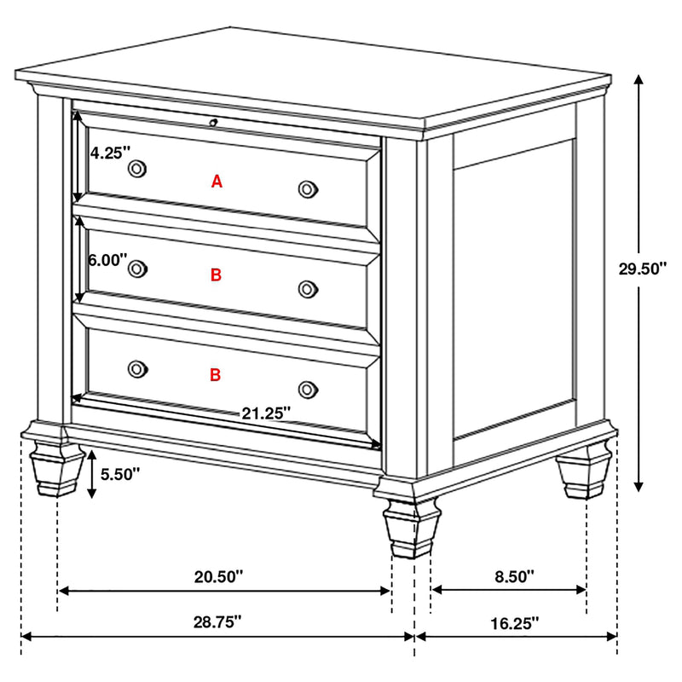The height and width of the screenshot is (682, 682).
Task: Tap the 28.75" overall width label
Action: [218, 621]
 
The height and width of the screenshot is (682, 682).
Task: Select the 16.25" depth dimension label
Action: [516, 623]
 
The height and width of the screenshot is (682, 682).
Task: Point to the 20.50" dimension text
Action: [219, 576]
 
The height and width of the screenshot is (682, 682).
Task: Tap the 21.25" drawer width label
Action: [266, 413]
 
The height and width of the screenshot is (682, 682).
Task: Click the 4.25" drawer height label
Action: [110, 153]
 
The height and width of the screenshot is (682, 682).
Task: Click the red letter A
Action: [217, 181]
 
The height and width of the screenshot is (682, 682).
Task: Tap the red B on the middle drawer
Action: [216, 275]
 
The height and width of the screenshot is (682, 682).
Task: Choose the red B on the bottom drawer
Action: [216, 374]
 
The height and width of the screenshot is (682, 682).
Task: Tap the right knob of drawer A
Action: [308, 189]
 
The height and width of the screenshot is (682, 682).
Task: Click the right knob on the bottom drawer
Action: [308, 389]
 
